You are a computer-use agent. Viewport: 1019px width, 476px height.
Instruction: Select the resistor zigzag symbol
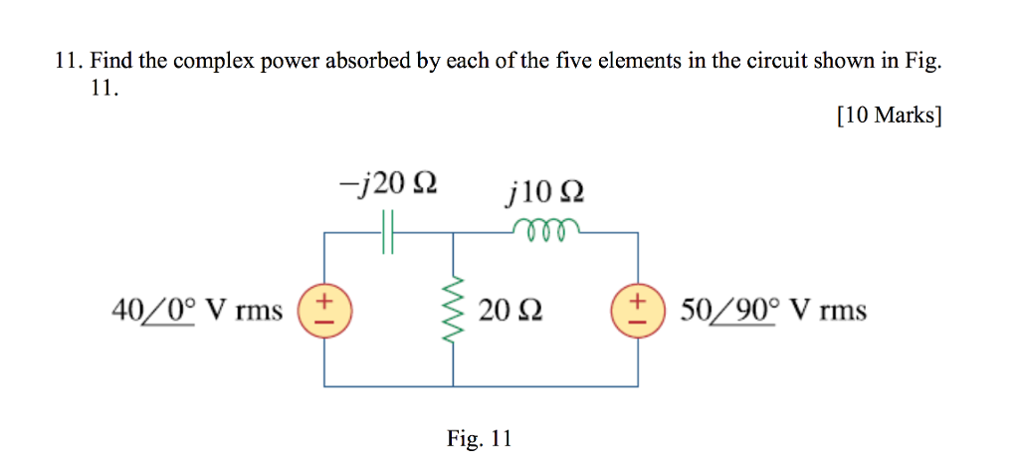click(455, 310)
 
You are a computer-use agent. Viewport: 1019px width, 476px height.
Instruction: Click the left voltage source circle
click(322, 310)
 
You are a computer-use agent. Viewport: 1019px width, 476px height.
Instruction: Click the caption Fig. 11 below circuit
click(480, 438)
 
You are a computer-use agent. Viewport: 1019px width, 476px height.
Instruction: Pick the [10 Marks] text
click(889, 116)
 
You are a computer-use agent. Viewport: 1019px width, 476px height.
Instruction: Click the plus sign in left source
click(322, 300)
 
